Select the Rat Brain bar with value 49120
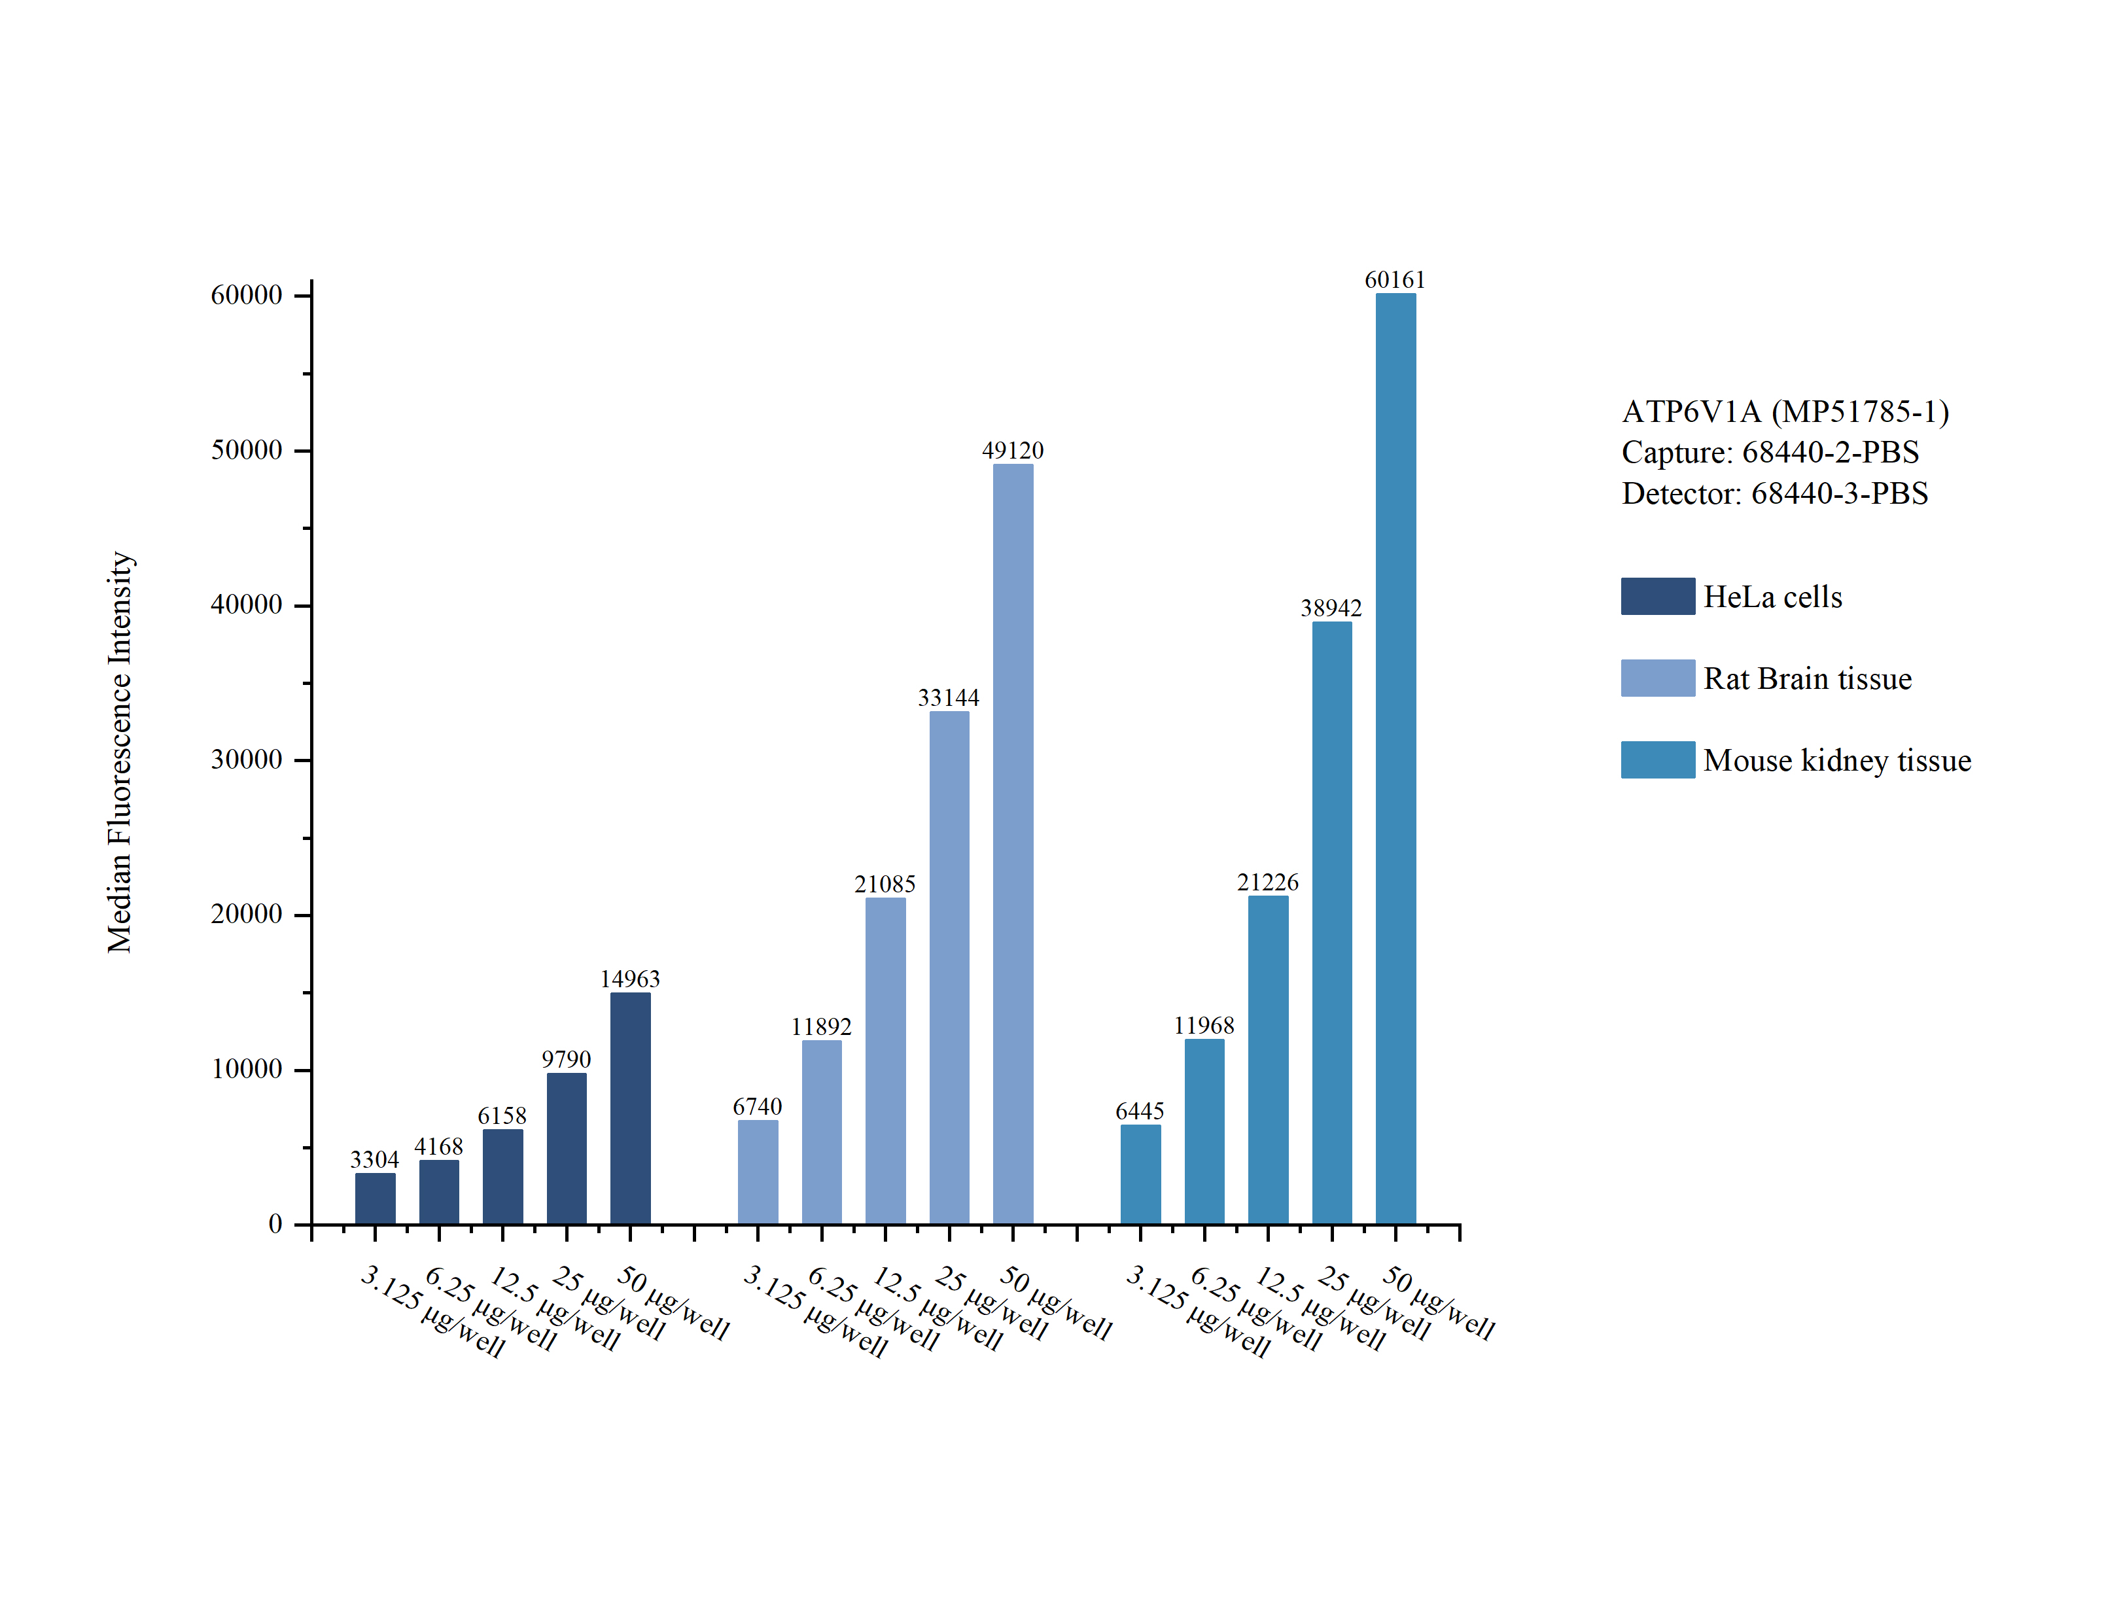(1013, 843)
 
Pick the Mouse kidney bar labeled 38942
(1332, 923)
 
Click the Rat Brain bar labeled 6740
(758, 1172)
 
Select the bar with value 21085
(885, 1061)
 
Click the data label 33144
(949, 697)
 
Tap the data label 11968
(1204, 1025)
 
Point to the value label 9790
(567, 1059)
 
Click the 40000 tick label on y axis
(246, 604)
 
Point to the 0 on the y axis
(275, 1224)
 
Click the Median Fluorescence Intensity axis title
(119, 752)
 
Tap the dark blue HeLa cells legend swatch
(1658, 596)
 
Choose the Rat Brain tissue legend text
(1807, 678)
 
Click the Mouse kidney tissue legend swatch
(1658, 759)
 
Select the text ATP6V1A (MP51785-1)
(1785, 411)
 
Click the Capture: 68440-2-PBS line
(1770, 452)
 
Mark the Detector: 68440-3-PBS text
(1774, 493)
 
